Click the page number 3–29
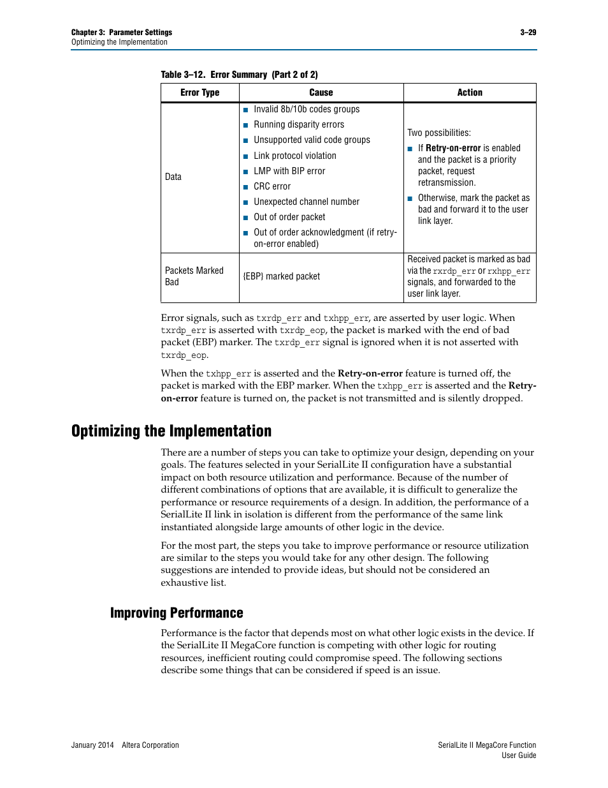pos(528,33)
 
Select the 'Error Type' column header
pos(199,93)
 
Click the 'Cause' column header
pos(321,93)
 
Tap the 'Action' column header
pos(470,93)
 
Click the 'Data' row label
pos(173,177)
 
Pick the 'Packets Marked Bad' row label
pos(194,276)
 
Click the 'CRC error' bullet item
pos(272,186)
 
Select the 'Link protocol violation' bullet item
pos(294,156)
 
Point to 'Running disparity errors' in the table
pos(298,124)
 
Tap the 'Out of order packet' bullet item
pos(289,217)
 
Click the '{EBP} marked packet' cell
pos(282,276)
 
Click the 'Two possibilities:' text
pos(439,133)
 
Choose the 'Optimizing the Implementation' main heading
pos(171,431)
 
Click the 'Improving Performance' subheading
pos(177,613)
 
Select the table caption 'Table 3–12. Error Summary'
pos(239,75)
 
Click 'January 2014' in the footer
pos(92,745)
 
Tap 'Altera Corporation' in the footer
pos(150,745)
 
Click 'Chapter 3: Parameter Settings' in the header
pos(122,33)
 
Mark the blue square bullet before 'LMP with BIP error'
pos(246,172)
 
